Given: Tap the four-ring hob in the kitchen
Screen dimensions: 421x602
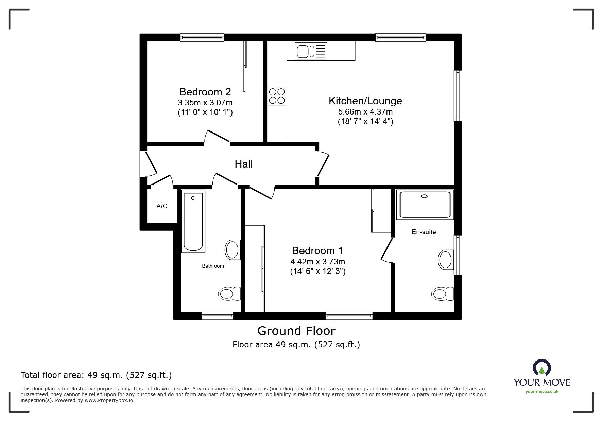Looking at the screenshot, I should (x=277, y=96).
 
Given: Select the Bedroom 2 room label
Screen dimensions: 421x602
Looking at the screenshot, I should (x=205, y=92).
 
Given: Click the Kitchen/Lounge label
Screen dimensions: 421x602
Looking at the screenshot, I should (x=365, y=101).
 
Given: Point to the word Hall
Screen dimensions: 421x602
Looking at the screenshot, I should (x=243, y=164).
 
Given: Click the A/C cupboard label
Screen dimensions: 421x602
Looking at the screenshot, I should (x=162, y=206).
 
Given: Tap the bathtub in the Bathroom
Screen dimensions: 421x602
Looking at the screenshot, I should (x=193, y=222).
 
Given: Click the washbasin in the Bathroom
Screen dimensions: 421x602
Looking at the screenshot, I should (x=233, y=250).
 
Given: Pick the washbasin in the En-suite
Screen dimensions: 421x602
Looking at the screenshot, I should (x=446, y=260).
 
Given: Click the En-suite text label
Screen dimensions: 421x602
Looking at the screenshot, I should (x=424, y=232).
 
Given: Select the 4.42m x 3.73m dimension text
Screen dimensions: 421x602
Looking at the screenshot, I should (x=317, y=262).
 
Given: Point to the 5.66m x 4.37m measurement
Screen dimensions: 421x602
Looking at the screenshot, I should (x=365, y=111).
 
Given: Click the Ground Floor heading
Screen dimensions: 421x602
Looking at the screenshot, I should (x=296, y=331).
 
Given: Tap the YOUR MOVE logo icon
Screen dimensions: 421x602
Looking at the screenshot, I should (x=541, y=368).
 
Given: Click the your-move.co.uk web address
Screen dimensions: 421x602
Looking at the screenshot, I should (x=542, y=392).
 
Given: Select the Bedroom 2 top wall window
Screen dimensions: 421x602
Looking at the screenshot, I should (x=202, y=37).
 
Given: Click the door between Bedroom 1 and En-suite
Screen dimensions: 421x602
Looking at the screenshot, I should (x=387, y=250).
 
